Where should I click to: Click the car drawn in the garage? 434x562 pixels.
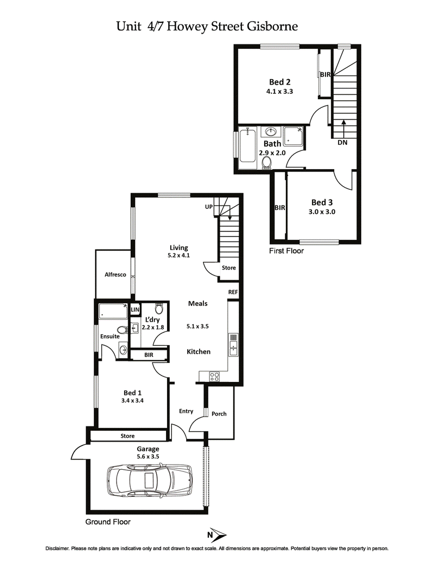150,479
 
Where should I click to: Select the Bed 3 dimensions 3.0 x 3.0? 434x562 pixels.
322,212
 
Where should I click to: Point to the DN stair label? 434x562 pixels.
342,143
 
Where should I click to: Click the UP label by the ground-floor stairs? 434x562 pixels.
208,207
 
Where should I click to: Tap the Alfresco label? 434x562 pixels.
115,274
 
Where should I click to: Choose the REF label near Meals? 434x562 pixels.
233,292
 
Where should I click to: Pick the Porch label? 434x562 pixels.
219,414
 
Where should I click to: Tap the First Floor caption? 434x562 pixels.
286,251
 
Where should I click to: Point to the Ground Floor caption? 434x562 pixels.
108,522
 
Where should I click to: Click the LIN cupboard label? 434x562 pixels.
135,309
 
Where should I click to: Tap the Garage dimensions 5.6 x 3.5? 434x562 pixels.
148,457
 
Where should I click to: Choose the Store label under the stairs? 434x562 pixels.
228,268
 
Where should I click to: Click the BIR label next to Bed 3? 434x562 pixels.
280,208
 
